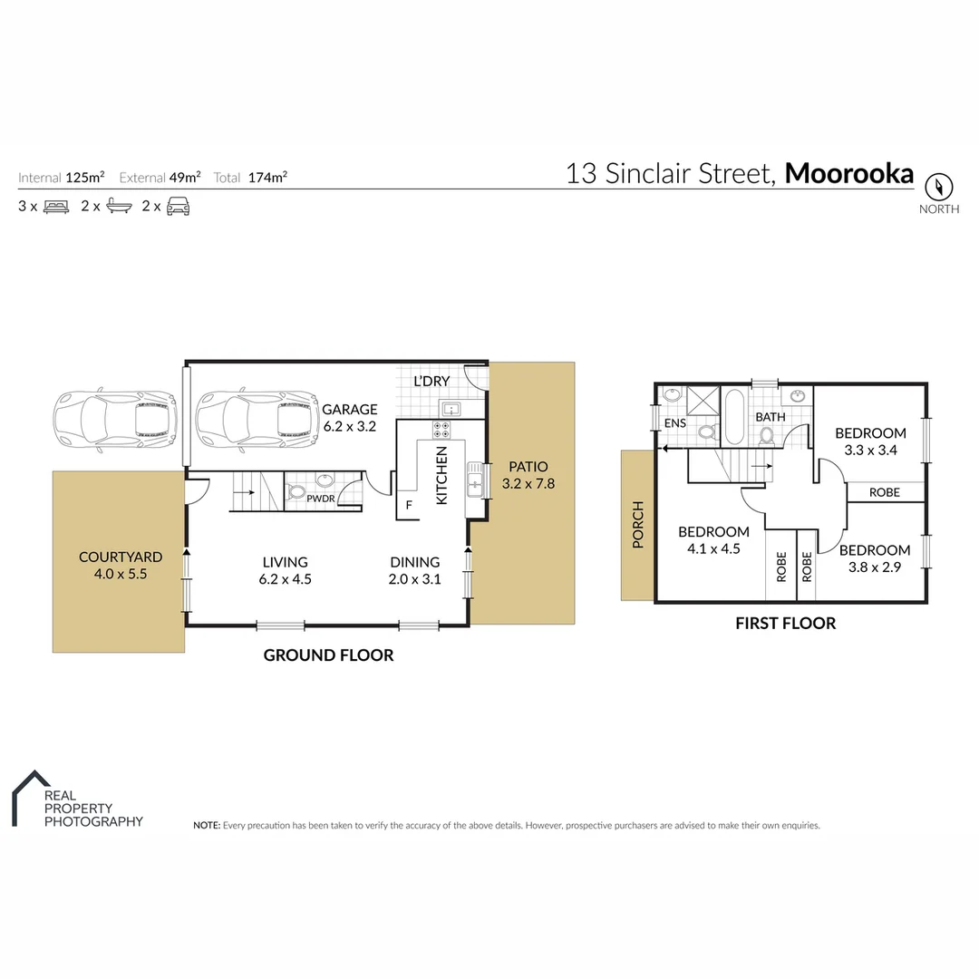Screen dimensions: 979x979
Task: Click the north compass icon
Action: coord(939,187)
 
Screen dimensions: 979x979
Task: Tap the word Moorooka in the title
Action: coord(848,173)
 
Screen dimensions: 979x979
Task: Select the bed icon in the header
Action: coord(56,207)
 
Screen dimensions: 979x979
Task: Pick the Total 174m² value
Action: coord(267,178)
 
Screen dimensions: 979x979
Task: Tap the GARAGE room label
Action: coord(350,410)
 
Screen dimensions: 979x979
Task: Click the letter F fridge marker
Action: coord(409,506)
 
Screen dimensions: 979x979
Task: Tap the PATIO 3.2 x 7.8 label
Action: coord(528,476)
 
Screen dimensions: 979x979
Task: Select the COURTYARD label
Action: coord(121,557)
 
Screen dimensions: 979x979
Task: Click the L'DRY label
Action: coord(431,381)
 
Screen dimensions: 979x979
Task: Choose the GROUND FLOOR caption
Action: coord(328,655)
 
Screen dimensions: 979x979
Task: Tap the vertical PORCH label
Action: coord(637,525)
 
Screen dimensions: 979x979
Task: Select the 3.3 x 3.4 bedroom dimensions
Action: coord(870,449)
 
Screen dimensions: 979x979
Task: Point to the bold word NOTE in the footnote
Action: coord(207,826)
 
